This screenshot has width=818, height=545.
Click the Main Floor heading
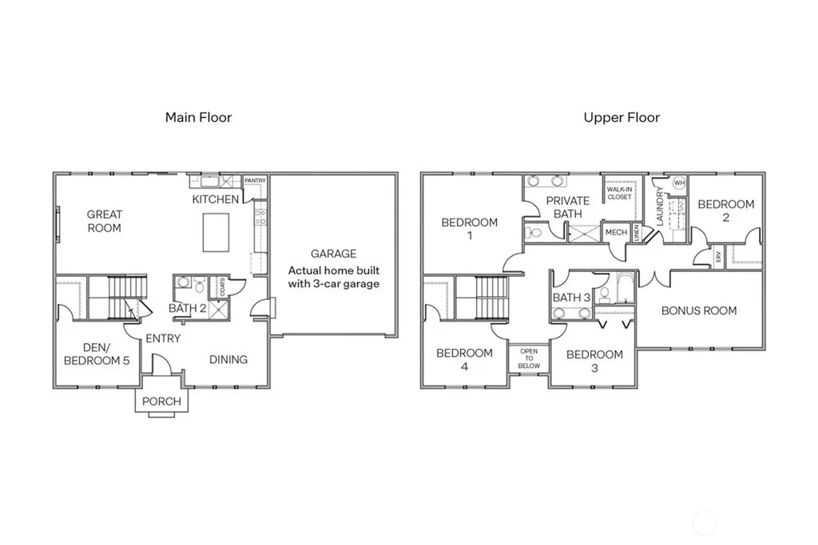(x=198, y=117)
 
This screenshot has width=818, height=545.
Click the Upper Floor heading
(x=621, y=117)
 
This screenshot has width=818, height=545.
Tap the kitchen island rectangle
(x=216, y=232)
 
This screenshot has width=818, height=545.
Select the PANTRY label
(x=255, y=180)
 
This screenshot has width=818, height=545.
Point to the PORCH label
(x=161, y=401)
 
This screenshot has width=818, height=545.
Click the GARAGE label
(x=333, y=254)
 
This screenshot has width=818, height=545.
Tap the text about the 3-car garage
(x=334, y=277)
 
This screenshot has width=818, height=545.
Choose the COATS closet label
(x=223, y=287)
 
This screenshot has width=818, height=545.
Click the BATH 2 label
(x=187, y=308)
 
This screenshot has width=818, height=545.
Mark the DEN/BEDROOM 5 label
(x=97, y=353)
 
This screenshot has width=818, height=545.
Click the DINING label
(x=228, y=360)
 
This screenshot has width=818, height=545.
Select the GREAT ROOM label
(x=105, y=221)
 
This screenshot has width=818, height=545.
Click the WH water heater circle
(x=679, y=183)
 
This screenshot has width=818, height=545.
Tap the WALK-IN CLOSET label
(x=620, y=193)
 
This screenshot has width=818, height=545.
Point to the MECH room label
(x=616, y=232)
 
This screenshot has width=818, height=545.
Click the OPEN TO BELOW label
(x=529, y=358)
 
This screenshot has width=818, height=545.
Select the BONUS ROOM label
(x=699, y=310)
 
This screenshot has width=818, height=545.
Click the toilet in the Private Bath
(x=533, y=232)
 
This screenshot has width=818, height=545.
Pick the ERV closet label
(x=718, y=257)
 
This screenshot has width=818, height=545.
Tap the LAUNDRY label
(x=659, y=207)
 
